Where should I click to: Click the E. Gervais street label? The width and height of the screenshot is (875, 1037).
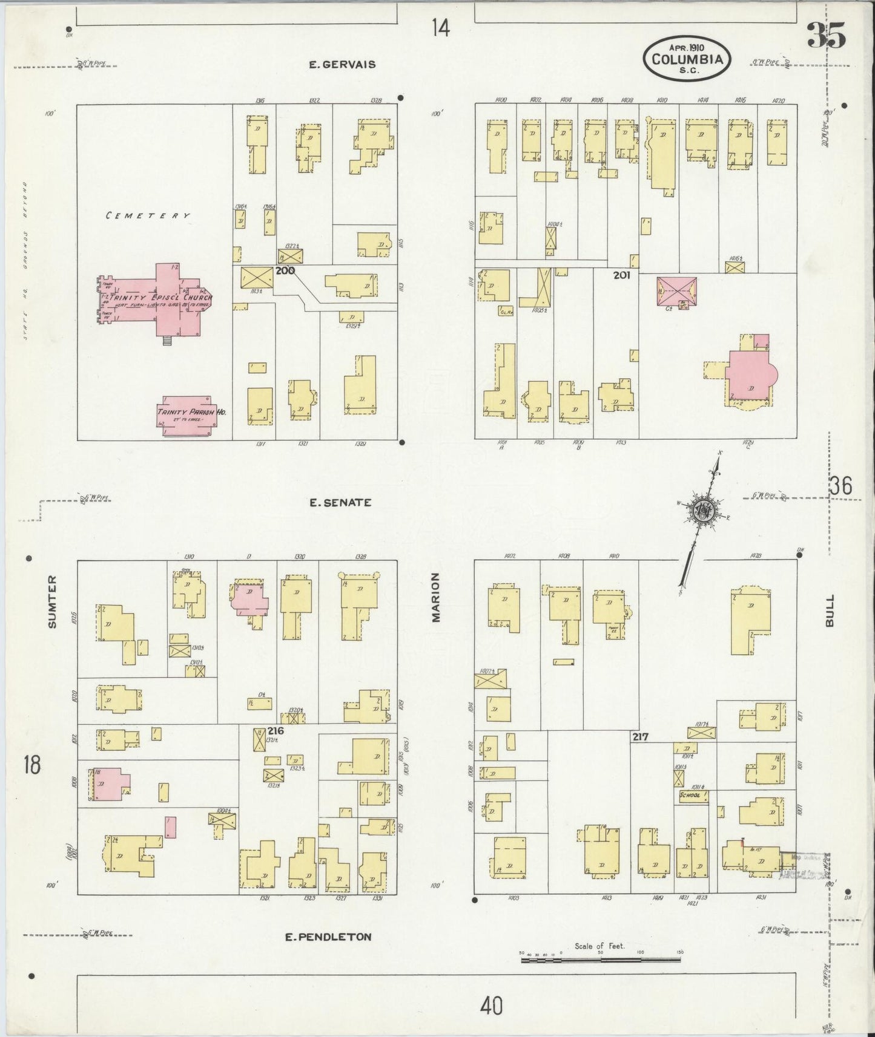coord(342,64)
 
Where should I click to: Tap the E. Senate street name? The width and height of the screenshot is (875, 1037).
coord(340,502)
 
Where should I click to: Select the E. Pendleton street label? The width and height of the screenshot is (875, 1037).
coord(328,937)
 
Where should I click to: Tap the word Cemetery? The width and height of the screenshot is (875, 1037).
coord(148,215)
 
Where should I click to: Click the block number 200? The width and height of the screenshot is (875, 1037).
coord(285,270)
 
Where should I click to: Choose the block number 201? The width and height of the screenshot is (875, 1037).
coord(621,275)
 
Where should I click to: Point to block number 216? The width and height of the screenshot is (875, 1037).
coord(276,731)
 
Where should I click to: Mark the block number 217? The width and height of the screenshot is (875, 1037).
coord(641,737)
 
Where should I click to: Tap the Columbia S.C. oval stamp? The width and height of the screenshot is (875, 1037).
coord(687,58)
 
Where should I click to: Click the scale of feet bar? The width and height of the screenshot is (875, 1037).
coord(601,960)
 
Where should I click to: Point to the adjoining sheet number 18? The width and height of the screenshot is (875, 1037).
coord(31,765)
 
